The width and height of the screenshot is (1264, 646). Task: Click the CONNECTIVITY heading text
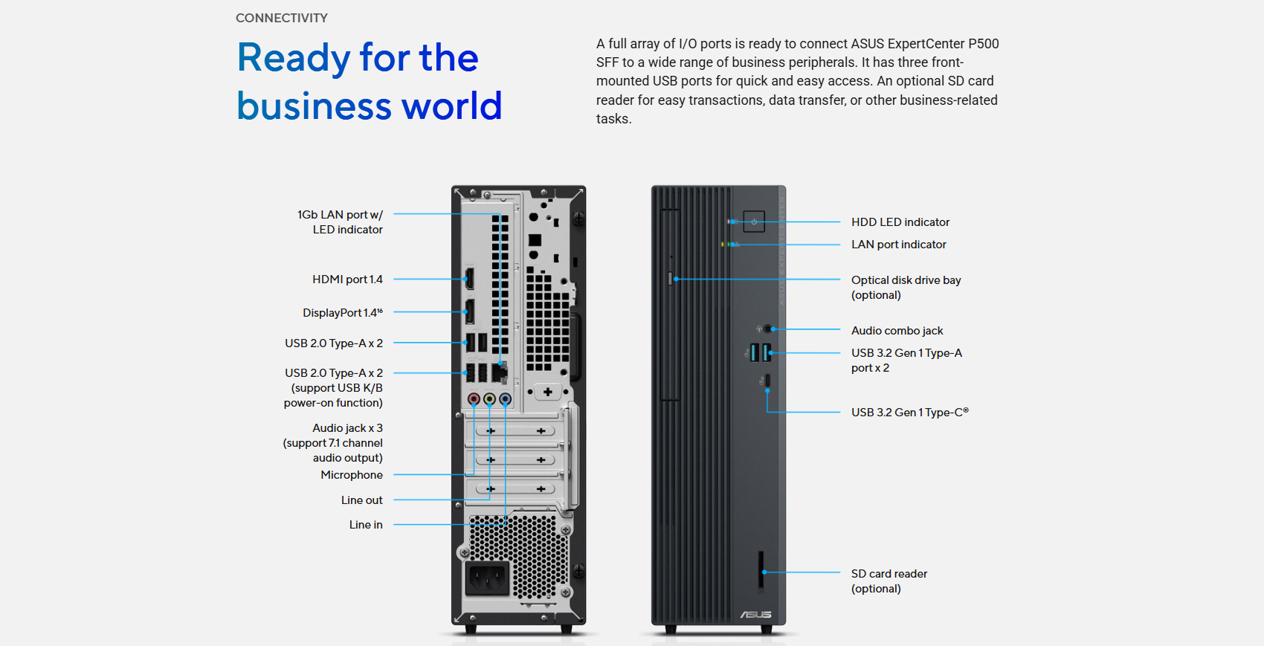pyautogui.click(x=282, y=18)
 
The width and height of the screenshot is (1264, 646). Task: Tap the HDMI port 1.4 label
pyautogui.click(x=348, y=280)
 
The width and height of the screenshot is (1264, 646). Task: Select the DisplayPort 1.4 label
pyautogui.click(x=343, y=312)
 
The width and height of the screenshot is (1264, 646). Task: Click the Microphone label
pyautogui.click(x=352, y=475)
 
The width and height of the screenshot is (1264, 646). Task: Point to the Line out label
pyautogui.click(x=361, y=500)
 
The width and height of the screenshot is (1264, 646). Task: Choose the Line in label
pyautogui.click(x=366, y=525)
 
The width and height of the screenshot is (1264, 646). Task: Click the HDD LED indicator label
pyautogui.click(x=900, y=222)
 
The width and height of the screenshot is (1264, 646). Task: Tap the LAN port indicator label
pyautogui.click(x=898, y=245)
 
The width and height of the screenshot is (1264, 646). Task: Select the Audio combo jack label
pyautogui.click(x=897, y=331)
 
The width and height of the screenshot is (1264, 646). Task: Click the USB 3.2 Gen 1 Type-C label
pyautogui.click(x=909, y=413)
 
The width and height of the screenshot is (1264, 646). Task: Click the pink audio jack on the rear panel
pyautogui.click(x=474, y=399)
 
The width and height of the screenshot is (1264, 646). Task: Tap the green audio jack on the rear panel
pyautogui.click(x=490, y=399)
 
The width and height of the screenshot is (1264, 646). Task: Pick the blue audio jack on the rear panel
pyautogui.click(x=505, y=399)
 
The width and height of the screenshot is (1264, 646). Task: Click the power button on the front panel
pyautogui.click(x=754, y=222)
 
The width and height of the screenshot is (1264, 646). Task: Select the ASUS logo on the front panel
pyautogui.click(x=755, y=614)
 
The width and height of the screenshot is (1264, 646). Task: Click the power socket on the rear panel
pyautogui.click(x=486, y=578)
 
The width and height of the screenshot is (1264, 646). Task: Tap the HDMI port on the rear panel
pyautogui.click(x=469, y=279)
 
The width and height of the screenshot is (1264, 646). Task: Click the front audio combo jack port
pyautogui.click(x=767, y=329)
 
